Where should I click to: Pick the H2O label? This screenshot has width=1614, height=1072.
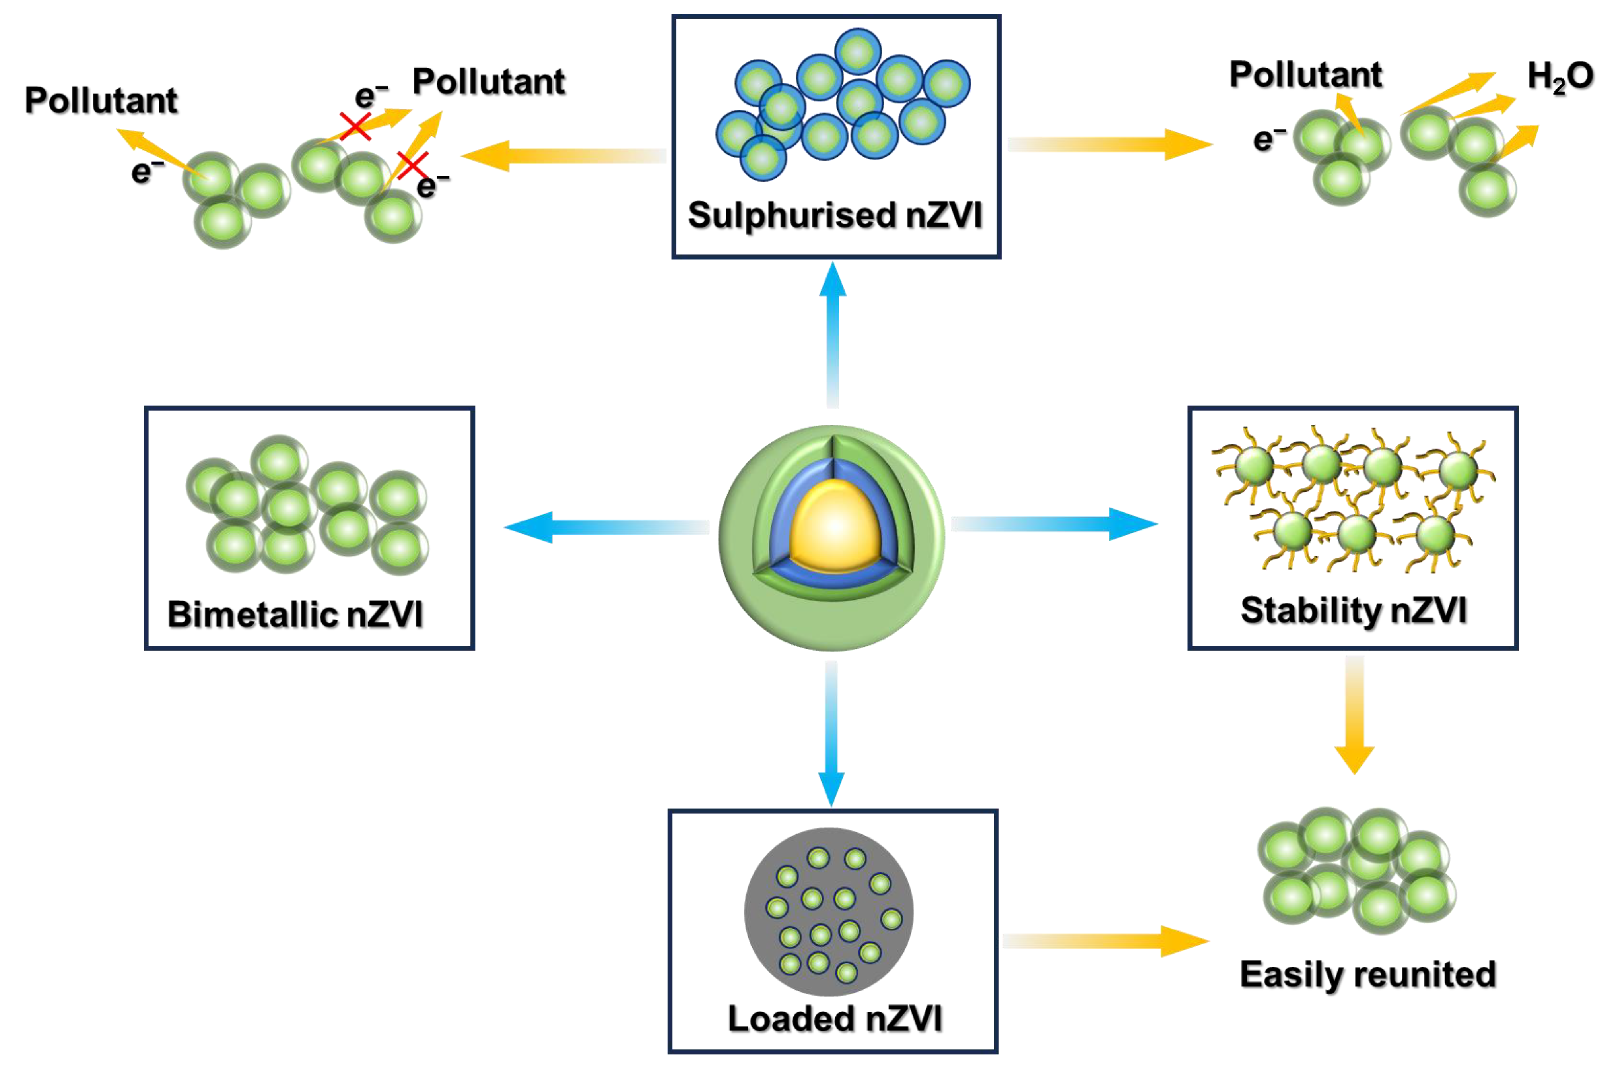click(1559, 77)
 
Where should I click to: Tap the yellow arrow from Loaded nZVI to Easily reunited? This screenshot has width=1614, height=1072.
click(1105, 941)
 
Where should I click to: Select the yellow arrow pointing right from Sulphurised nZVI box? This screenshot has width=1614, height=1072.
click(1108, 144)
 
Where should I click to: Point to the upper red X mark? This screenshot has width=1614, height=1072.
click(355, 126)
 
